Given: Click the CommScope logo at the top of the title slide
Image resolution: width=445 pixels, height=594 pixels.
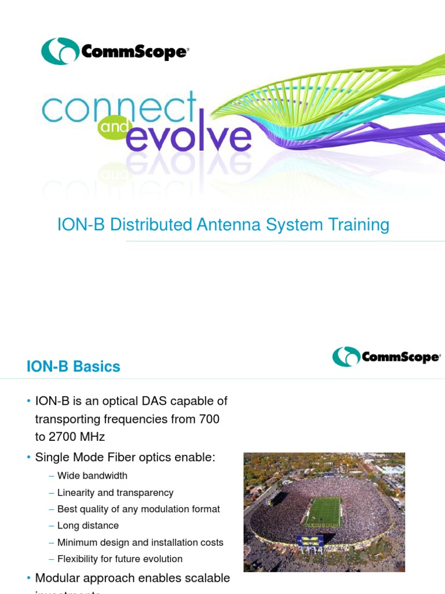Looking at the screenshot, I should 115,51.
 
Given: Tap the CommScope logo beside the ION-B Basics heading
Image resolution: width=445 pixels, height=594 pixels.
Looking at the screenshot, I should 386,356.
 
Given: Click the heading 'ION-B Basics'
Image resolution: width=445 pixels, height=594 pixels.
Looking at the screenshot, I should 73,367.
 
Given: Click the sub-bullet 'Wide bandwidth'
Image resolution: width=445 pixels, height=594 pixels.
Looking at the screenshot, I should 92,476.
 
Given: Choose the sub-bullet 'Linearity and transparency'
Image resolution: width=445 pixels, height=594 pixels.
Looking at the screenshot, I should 115,492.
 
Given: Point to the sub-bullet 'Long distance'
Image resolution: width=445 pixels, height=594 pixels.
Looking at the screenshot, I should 88,526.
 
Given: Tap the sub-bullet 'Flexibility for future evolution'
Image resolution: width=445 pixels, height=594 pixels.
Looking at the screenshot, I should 120,559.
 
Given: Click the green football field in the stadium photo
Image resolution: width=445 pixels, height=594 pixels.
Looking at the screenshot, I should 324,510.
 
